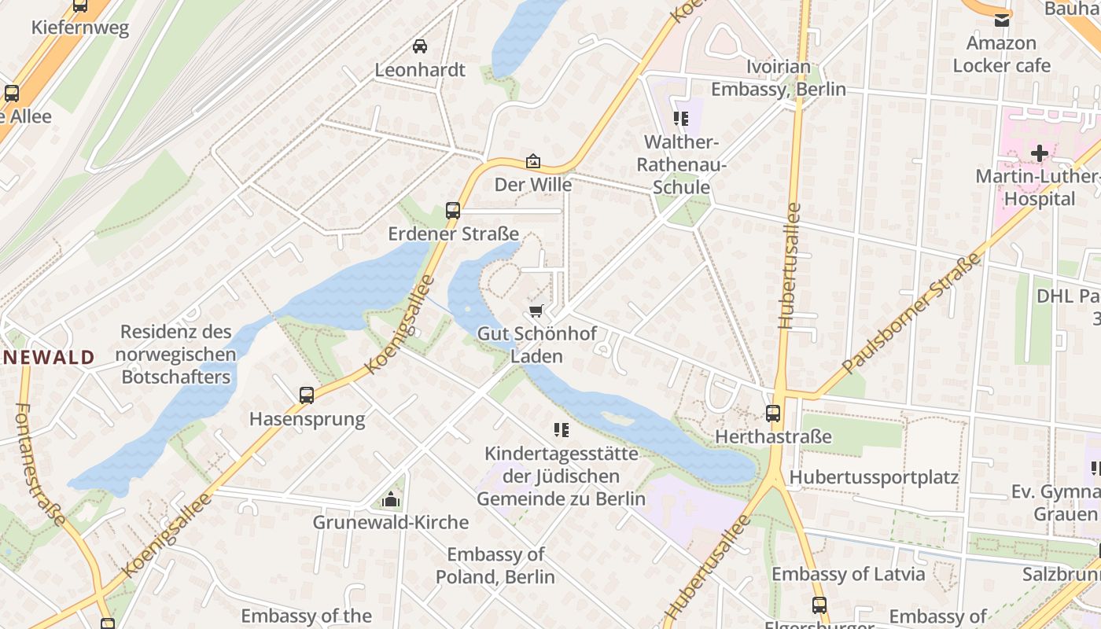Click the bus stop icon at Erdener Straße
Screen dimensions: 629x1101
(x=452, y=211)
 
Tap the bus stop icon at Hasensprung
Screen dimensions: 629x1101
(x=307, y=395)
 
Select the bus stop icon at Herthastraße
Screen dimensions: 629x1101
(x=773, y=414)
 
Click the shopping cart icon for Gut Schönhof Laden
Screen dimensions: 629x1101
(x=536, y=311)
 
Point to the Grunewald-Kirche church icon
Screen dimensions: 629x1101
(x=390, y=499)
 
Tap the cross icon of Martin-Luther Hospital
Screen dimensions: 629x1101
(x=1040, y=153)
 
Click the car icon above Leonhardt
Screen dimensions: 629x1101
(x=420, y=46)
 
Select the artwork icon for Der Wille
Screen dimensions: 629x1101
(x=533, y=162)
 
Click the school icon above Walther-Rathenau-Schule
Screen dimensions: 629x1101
(x=680, y=120)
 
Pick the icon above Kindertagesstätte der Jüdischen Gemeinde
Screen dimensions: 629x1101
(x=561, y=430)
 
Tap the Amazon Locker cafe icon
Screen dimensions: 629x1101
(x=1002, y=20)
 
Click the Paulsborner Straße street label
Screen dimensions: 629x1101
(x=911, y=314)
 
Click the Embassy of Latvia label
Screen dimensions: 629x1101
(x=848, y=574)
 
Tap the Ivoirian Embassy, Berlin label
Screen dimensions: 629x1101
(x=779, y=78)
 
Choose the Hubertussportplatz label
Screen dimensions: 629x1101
(x=874, y=477)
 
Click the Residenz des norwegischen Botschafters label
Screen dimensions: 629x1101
(x=175, y=355)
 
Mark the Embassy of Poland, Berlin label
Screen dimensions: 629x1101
(x=495, y=565)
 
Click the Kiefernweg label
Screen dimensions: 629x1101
(x=79, y=28)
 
